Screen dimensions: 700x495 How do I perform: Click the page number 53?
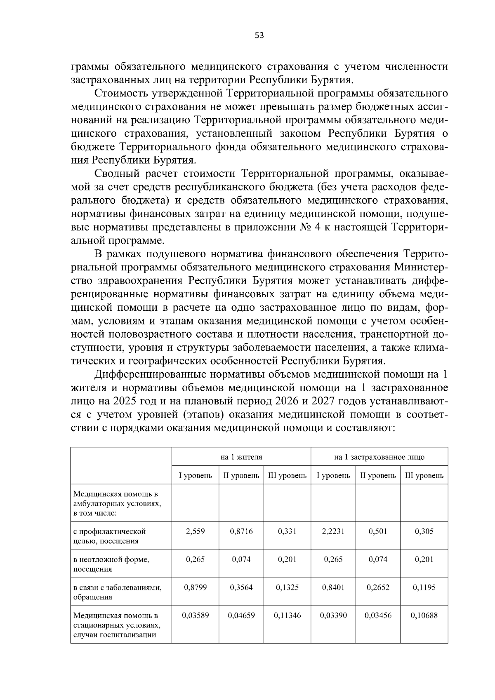[x=259, y=36]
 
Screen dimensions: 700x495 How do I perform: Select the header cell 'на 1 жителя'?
[x=241, y=457]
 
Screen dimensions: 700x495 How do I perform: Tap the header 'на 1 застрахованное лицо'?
[x=379, y=457]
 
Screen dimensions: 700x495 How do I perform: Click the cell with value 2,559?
[x=195, y=531]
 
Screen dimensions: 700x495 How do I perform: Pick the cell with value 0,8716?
[x=241, y=531]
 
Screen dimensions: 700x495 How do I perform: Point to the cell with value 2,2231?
[x=333, y=531]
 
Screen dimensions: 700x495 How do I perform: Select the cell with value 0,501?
[x=378, y=531]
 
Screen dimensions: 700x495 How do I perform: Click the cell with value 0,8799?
[x=195, y=587]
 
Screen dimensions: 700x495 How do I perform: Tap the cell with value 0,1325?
[x=287, y=587]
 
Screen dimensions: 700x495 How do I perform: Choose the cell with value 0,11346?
[x=287, y=615]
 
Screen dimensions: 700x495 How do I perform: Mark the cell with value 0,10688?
[x=424, y=615]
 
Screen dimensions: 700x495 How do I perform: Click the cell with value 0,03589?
[x=195, y=615]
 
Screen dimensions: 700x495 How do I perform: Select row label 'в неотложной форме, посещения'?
[x=111, y=564]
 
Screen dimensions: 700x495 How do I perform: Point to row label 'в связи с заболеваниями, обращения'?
[x=117, y=592]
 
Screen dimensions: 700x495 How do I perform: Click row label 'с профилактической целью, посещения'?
[x=110, y=536]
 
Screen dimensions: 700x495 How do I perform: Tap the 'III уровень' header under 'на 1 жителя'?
[x=287, y=475]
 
